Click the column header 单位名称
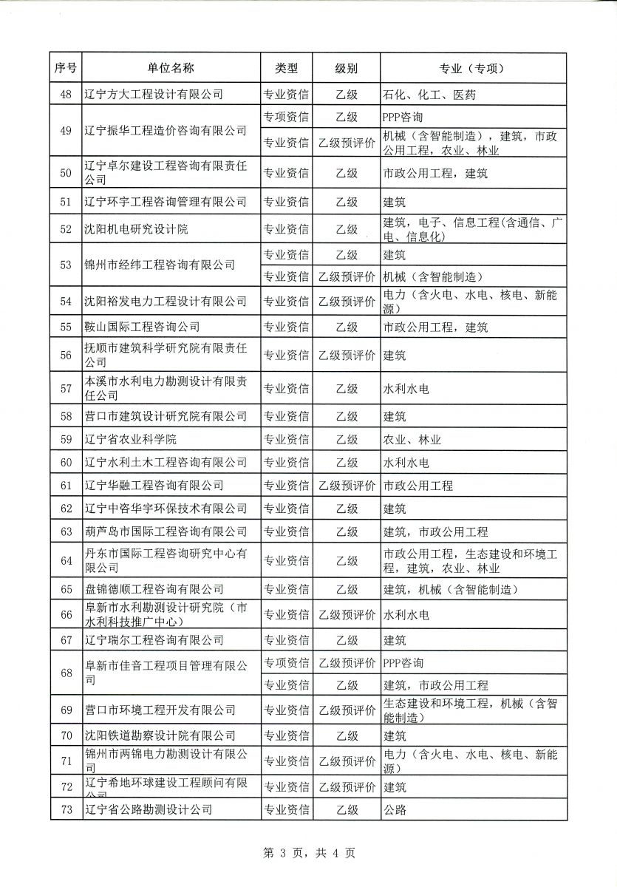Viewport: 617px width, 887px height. click(x=171, y=68)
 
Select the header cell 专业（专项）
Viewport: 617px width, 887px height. click(x=471, y=68)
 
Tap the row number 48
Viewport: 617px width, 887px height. click(x=66, y=94)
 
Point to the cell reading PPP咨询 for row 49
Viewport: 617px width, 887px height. click(x=403, y=117)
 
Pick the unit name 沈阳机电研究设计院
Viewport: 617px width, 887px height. click(x=136, y=230)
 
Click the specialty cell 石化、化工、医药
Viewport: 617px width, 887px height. click(x=429, y=94)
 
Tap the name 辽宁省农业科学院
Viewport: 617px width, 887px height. click(x=130, y=440)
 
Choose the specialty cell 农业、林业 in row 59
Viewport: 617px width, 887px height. click(x=412, y=440)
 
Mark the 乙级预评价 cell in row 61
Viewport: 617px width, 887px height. click(x=347, y=486)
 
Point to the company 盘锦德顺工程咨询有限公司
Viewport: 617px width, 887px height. click(x=153, y=589)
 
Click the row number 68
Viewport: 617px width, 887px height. click(x=66, y=673)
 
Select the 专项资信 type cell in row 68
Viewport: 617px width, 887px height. click(x=287, y=662)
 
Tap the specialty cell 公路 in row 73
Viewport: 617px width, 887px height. click(x=395, y=810)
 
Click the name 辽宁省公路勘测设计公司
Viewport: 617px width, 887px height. click(x=147, y=810)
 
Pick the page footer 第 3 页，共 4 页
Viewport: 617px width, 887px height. click(x=309, y=854)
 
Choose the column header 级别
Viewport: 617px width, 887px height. click(x=347, y=68)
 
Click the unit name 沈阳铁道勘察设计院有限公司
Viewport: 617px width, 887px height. click(x=159, y=735)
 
